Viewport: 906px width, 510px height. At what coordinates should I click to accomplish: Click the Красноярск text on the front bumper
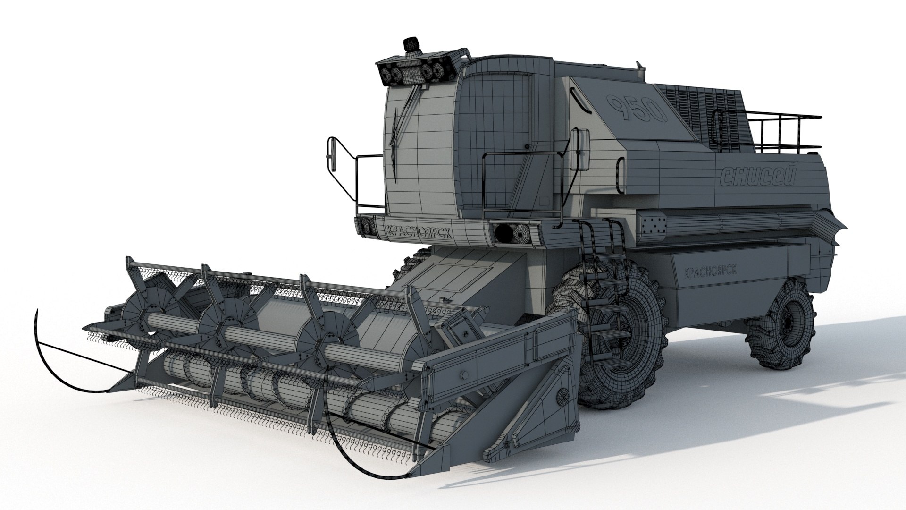[x=412, y=231]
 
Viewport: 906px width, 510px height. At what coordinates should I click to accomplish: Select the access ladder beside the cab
[x=597, y=279]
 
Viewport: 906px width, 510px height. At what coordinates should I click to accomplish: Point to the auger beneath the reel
[x=264, y=378]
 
